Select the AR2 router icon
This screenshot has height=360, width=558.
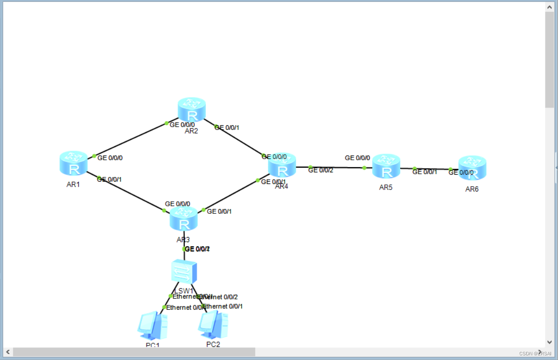pos(191,110)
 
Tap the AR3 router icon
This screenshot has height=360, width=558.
pos(184,219)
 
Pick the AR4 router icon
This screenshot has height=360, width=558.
pos(282,166)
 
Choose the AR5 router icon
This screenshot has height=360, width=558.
pos(386,166)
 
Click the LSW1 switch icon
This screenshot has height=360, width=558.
pos(184,272)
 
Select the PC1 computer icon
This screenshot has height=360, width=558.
pos(152,326)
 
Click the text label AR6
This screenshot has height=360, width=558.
pos(472,189)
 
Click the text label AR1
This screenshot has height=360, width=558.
pos(73,184)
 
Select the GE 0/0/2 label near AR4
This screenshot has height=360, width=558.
pos(321,170)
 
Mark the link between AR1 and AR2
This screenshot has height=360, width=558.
pos(130,140)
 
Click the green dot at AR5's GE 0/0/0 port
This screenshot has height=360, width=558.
pos(365,168)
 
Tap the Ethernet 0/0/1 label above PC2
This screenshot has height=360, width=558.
pos(223,306)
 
